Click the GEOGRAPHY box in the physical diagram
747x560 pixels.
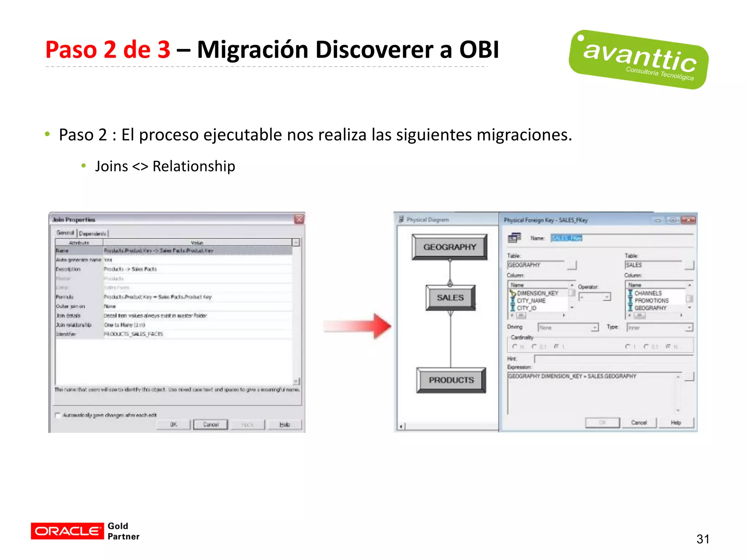tap(449, 247)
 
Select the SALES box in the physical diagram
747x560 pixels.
tap(450, 297)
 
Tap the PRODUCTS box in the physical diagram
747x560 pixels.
tap(451, 380)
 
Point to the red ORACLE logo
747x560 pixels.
tap(67, 531)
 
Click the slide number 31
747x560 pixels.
tap(703, 539)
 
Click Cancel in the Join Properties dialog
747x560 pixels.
tap(210, 424)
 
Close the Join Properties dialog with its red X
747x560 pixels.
tap(299, 219)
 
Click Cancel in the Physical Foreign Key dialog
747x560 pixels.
tap(639, 423)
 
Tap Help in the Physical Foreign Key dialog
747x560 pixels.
tap(676, 423)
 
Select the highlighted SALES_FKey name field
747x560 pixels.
tap(566, 238)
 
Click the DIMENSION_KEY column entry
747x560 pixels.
tap(537, 293)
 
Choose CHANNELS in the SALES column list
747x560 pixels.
tap(648, 293)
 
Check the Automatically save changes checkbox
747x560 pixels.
tap(58, 415)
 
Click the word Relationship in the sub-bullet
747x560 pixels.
tap(194, 166)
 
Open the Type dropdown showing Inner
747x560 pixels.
tap(659, 327)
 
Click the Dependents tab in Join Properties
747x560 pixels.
tap(93, 233)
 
